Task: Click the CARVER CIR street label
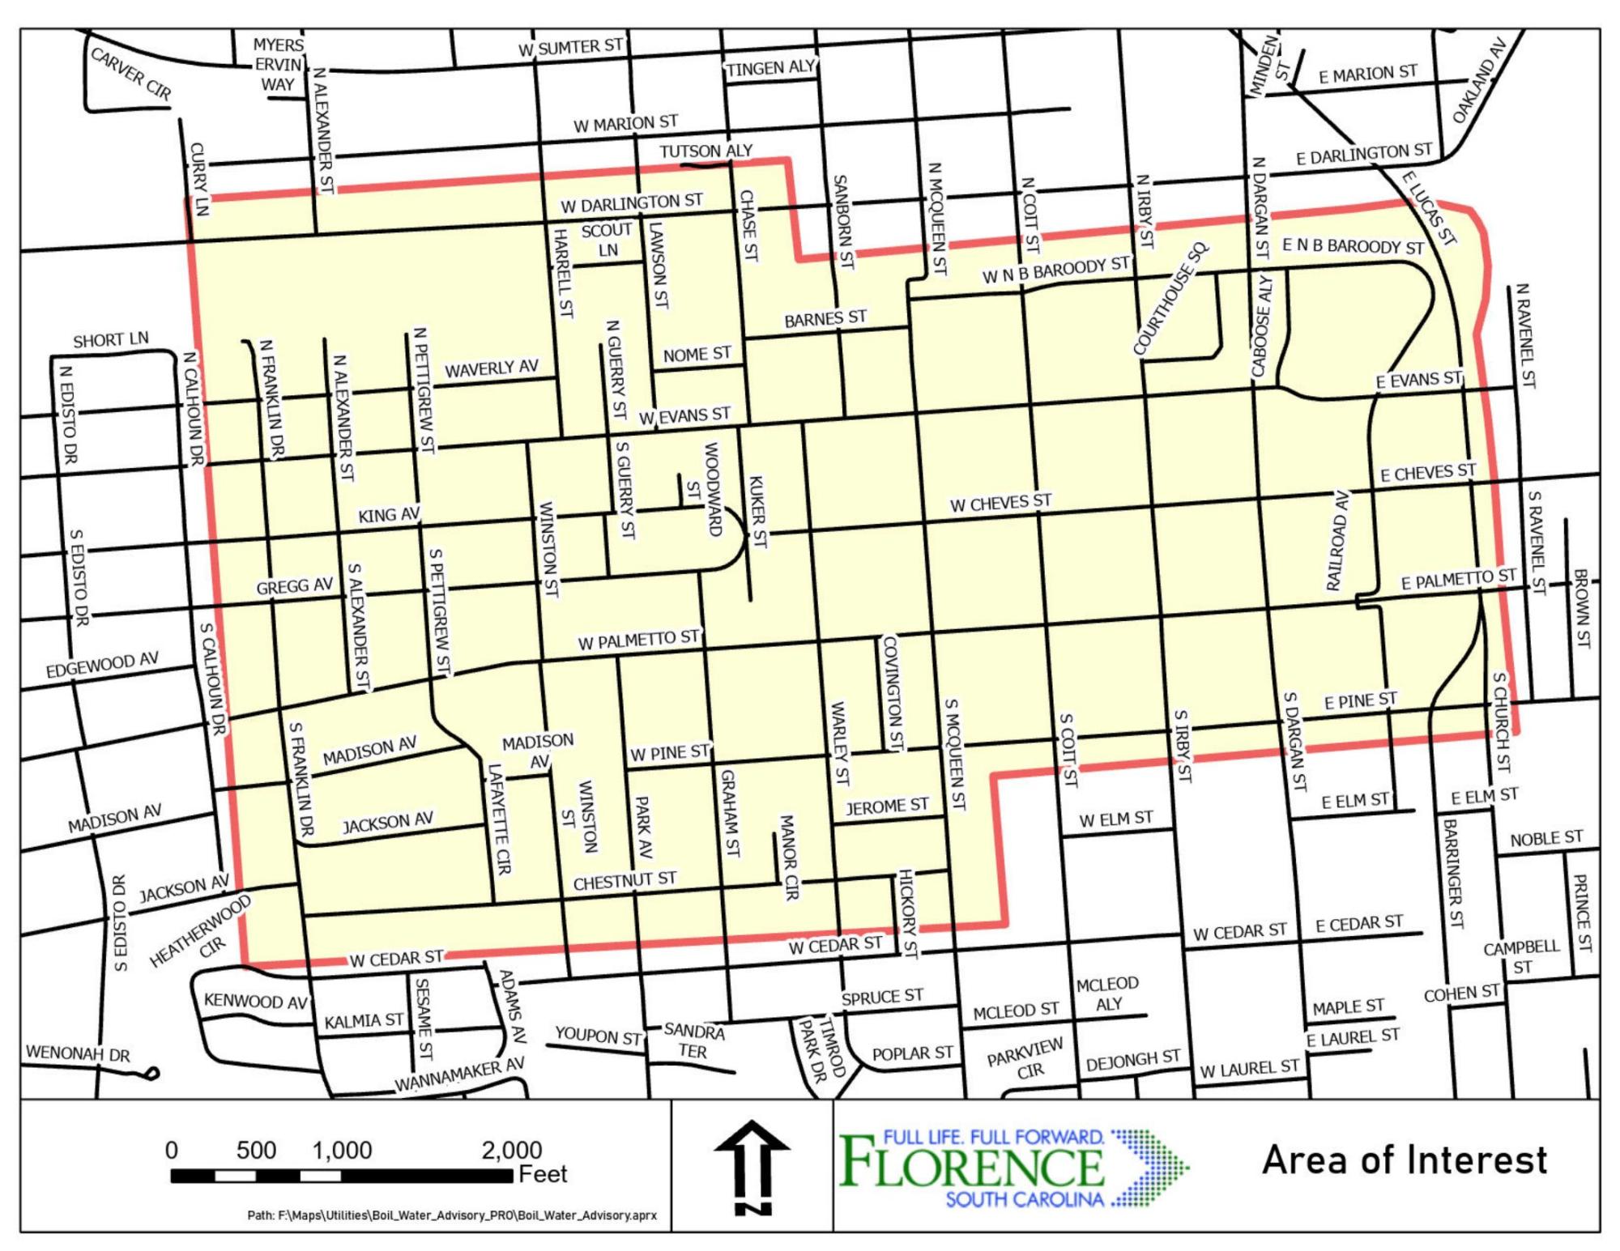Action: [131, 74]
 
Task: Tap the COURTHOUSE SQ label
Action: [1170, 300]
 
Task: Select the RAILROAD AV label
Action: [1338, 540]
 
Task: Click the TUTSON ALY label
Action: [706, 151]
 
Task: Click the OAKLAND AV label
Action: [1479, 91]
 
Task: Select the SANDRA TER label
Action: [693, 1041]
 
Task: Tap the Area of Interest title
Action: [1404, 1160]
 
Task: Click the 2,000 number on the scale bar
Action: [511, 1150]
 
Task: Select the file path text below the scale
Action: [452, 1215]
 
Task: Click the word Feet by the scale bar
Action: [543, 1174]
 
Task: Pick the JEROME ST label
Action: [887, 806]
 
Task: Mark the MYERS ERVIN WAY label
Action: [279, 65]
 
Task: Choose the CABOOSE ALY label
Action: [1261, 326]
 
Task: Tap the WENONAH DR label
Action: [78, 1053]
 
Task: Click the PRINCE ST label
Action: [1582, 913]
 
